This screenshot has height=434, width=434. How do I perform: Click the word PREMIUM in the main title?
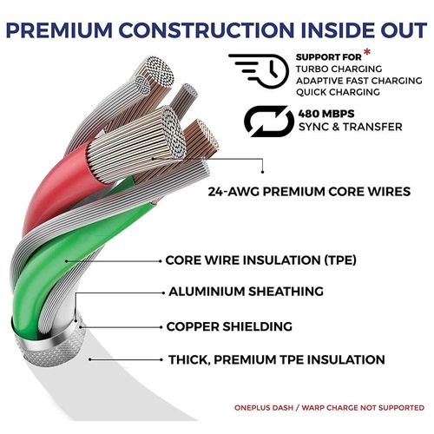(x=59, y=30)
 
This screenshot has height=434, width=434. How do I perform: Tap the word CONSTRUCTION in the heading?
(x=207, y=30)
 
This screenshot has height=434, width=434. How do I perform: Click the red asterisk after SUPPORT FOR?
(x=366, y=53)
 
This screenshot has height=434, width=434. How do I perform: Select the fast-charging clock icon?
(x=259, y=71)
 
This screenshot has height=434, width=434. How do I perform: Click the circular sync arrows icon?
(x=269, y=121)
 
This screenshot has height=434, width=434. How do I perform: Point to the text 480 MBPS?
(x=326, y=114)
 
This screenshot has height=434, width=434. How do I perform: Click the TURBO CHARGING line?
(x=339, y=69)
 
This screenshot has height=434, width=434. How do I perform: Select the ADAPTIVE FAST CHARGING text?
(x=358, y=81)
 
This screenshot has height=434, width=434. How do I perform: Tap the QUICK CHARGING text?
(x=338, y=92)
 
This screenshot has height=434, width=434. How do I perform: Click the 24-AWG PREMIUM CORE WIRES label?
(x=309, y=192)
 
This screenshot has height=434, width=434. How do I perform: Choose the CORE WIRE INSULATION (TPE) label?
(x=260, y=260)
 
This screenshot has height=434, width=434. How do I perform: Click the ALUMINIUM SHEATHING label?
(x=246, y=292)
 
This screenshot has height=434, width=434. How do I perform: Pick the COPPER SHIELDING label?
(x=229, y=326)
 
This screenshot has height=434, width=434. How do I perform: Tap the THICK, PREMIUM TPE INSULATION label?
(x=277, y=359)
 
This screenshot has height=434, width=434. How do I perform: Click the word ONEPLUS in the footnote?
(x=263, y=408)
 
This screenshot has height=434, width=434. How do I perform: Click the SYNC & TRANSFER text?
(x=351, y=127)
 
